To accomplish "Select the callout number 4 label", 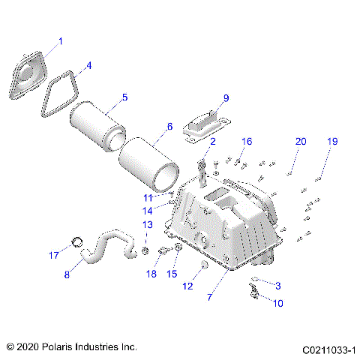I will pos(88,65).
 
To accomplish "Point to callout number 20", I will pos(300,142).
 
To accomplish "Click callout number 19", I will pos(332,142).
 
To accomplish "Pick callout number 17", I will pos(53,256).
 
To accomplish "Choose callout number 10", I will pos(257,303).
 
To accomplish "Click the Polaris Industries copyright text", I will pos(71,347).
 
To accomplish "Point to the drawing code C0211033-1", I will pos(328,349).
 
